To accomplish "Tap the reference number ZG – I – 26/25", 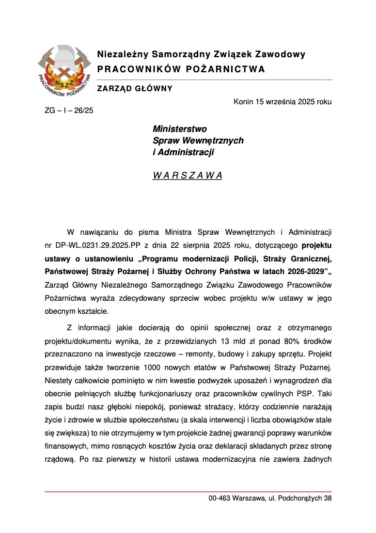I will pyautogui.click(x=69, y=111).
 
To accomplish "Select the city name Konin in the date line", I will pyautogui.click(x=243, y=102).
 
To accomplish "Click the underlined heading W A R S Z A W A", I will pyautogui.click(x=187, y=176).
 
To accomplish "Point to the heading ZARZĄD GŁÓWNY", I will pyautogui.click(x=135, y=88).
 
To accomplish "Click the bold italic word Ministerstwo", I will pyautogui.click(x=180, y=129).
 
